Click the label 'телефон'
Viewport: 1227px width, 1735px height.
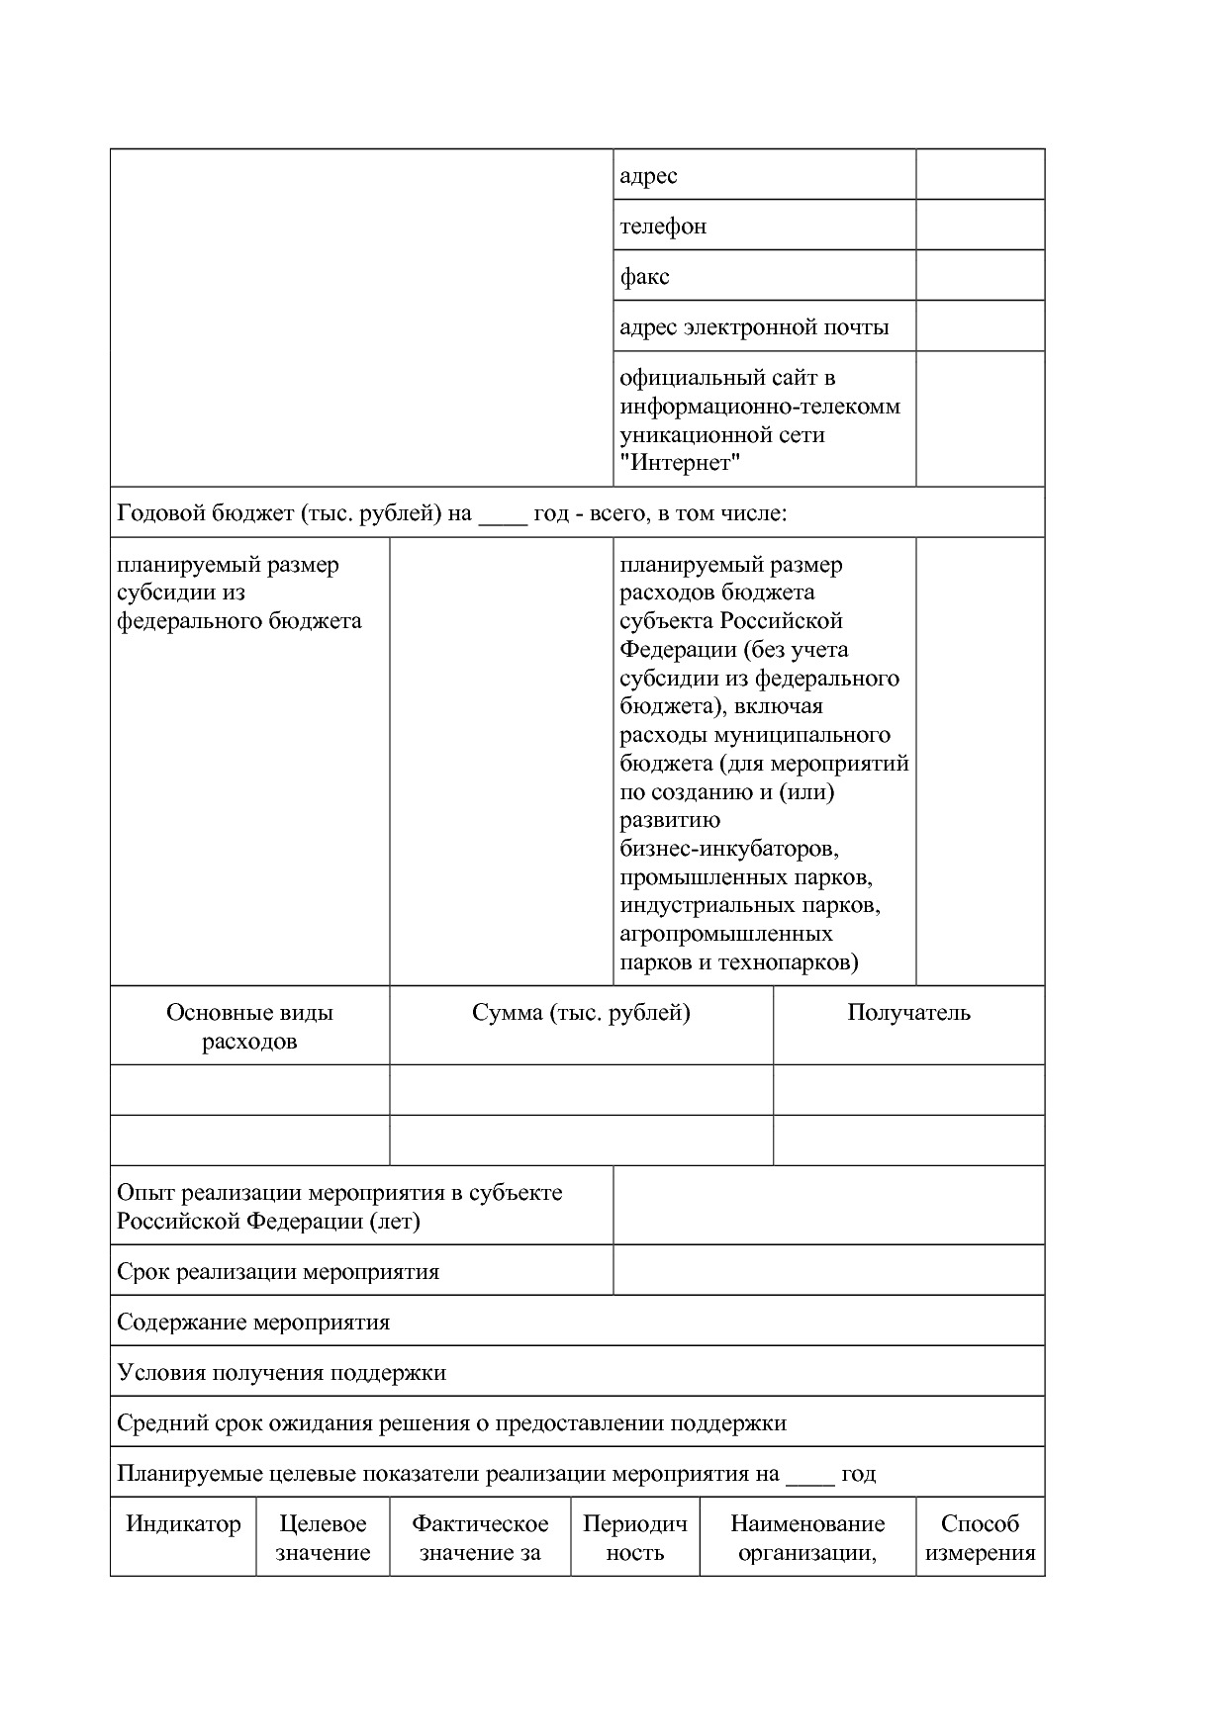click(663, 227)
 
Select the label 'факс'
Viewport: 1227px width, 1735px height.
click(644, 277)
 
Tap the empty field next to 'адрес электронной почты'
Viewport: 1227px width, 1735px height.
click(980, 326)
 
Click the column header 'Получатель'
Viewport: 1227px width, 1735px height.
click(908, 1013)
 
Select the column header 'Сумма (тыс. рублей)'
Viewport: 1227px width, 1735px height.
click(581, 1013)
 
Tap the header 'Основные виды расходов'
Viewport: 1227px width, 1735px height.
click(249, 1027)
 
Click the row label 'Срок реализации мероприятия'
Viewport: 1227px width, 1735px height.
click(278, 1272)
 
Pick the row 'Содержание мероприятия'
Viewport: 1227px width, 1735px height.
click(253, 1323)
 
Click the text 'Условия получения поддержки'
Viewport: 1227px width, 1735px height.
click(281, 1373)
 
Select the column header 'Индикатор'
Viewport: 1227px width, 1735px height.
click(183, 1524)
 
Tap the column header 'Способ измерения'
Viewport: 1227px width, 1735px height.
click(980, 1538)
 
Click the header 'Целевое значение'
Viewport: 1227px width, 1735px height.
click(323, 1538)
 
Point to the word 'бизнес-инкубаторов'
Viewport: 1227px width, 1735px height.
click(729, 849)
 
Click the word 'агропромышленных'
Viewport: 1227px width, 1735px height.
click(726, 934)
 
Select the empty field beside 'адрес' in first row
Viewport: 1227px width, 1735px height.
click(980, 175)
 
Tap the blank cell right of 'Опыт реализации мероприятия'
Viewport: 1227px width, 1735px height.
click(828, 1206)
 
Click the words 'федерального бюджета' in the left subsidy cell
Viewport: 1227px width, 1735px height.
click(239, 621)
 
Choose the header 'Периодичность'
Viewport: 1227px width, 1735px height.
click(634, 1538)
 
